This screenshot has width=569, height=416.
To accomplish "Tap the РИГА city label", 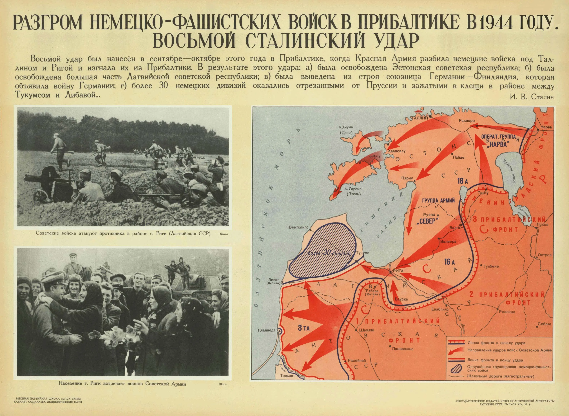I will [x=398, y=271].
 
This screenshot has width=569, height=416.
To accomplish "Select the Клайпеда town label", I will [x=267, y=330].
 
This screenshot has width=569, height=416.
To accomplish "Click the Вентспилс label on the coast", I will [x=298, y=227].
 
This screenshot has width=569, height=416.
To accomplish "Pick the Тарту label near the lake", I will [x=483, y=193].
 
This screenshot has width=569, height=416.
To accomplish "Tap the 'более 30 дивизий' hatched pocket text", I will [x=329, y=253].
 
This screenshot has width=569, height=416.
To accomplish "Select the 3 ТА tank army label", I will [x=304, y=328].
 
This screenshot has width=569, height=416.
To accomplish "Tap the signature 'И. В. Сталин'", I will [x=532, y=97].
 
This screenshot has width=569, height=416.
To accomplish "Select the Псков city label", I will [x=542, y=224].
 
